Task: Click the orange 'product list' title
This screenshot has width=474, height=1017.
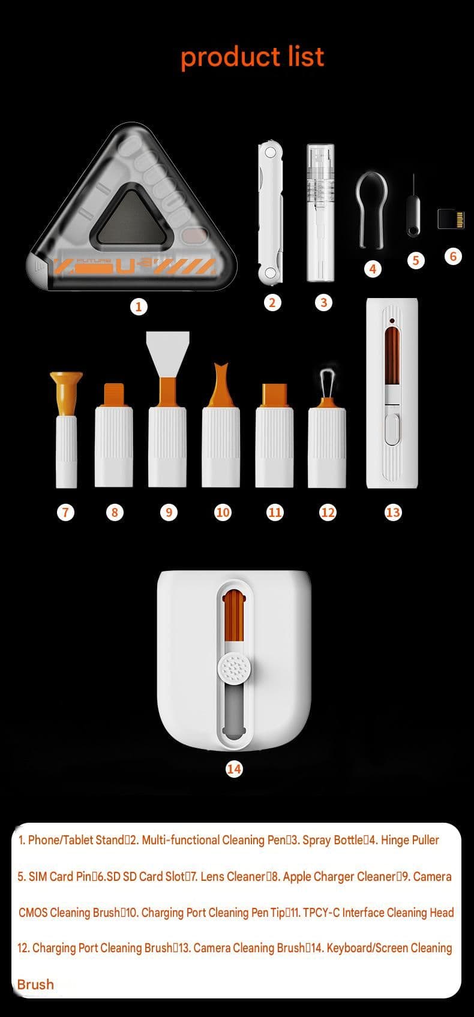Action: (x=252, y=58)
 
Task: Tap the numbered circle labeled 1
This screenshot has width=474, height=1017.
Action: (x=139, y=306)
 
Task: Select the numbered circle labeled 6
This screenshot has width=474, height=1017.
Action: (x=452, y=256)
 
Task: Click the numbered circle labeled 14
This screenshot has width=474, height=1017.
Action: (x=234, y=769)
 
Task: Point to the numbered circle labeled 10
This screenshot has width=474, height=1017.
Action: (x=223, y=513)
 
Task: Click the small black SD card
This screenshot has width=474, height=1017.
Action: (x=451, y=218)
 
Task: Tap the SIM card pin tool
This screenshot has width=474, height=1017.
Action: (x=413, y=206)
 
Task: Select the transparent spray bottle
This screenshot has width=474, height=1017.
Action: (x=320, y=212)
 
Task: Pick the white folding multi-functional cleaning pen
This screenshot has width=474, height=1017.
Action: (x=271, y=213)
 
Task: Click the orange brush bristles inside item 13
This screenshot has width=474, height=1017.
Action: (x=392, y=357)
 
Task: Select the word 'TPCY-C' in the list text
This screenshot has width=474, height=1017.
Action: (x=322, y=913)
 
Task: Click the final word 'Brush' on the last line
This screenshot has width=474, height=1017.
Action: (x=35, y=984)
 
